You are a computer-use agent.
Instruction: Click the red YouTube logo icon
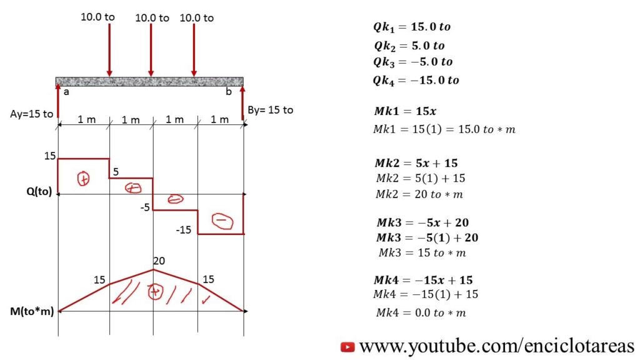[347, 347]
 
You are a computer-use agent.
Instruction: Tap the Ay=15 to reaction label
[31, 114]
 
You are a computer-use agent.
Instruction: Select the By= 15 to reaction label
[270, 110]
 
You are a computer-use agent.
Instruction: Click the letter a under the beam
[66, 92]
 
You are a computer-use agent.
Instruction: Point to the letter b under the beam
[229, 91]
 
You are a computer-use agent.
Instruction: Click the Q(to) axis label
[39, 191]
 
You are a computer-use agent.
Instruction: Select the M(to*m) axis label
[32, 311]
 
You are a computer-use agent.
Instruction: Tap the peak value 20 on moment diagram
[159, 261]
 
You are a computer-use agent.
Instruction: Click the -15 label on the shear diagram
[184, 230]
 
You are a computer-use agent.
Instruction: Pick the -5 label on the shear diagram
[145, 207]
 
